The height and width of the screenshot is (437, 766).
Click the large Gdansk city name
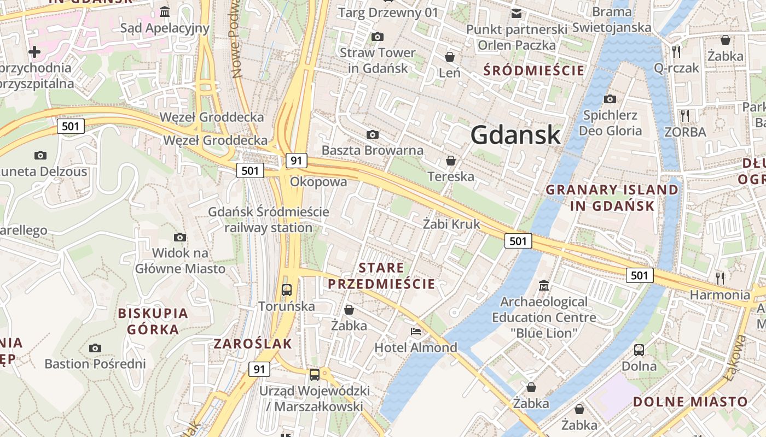tap(515, 134)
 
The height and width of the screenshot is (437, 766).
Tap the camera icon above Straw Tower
tap(377, 37)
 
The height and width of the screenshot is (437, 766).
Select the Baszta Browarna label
tap(373, 150)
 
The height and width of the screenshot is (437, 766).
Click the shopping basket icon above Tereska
tap(451, 161)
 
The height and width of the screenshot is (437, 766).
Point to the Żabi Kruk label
tap(451, 224)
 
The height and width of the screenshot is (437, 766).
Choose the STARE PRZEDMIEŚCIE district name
tap(381, 276)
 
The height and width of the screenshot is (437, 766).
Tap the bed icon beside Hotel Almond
tap(416, 332)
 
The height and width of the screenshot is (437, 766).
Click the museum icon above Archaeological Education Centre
tap(544, 286)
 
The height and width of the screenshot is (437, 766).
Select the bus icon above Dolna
tap(639, 350)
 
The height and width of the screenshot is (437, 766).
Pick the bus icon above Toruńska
tap(287, 290)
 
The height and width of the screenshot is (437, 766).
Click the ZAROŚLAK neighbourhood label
tap(253, 344)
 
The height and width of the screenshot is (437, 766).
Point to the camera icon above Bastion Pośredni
tap(95, 348)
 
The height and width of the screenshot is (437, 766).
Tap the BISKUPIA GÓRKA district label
tap(153, 322)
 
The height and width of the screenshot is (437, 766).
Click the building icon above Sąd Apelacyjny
tap(165, 12)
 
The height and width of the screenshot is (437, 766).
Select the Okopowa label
tap(318, 182)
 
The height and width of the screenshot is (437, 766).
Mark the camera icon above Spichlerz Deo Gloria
tap(610, 99)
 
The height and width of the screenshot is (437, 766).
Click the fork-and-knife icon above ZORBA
tap(684, 115)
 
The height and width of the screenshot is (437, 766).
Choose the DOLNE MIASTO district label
tap(690, 402)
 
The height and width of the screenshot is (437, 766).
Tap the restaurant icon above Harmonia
tap(720, 278)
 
